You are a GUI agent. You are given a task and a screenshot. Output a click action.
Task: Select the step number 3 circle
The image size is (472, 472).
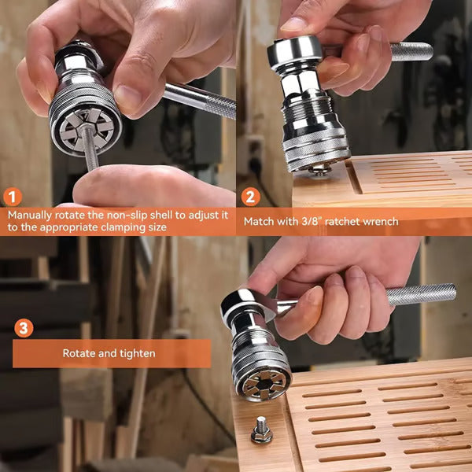(x=24, y=327)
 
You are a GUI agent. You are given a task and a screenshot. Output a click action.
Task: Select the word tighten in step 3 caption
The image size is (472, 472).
(x=137, y=354)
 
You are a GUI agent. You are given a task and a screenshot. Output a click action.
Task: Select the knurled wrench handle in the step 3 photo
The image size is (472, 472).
(x=421, y=294)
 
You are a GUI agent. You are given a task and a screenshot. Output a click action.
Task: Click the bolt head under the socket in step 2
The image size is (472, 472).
(x=319, y=169)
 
